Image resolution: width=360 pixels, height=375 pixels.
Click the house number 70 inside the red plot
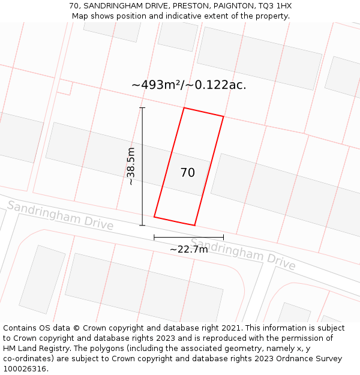(x=188, y=173)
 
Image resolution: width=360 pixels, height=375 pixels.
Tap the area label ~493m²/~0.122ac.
(x=188, y=85)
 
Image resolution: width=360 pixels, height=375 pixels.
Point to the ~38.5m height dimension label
(x=131, y=166)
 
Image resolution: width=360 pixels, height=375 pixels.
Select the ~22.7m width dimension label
(x=188, y=249)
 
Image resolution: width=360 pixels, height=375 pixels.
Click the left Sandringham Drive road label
(x=60, y=215)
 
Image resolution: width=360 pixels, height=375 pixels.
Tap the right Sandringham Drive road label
(x=243, y=254)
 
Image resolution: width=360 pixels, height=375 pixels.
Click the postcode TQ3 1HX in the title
(x=275, y=6)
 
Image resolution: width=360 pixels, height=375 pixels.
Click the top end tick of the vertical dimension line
(x=142, y=108)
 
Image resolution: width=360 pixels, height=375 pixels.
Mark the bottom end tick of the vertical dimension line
(x=142, y=226)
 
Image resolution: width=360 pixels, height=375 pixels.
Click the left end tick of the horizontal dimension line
(x=154, y=237)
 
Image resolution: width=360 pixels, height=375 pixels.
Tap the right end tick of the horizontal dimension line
(x=223, y=237)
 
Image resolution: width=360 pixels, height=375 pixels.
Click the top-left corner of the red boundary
(x=184, y=108)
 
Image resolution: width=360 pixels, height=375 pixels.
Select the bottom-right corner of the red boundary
(x=194, y=226)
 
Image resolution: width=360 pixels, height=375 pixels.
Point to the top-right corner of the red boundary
(x=223, y=116)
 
